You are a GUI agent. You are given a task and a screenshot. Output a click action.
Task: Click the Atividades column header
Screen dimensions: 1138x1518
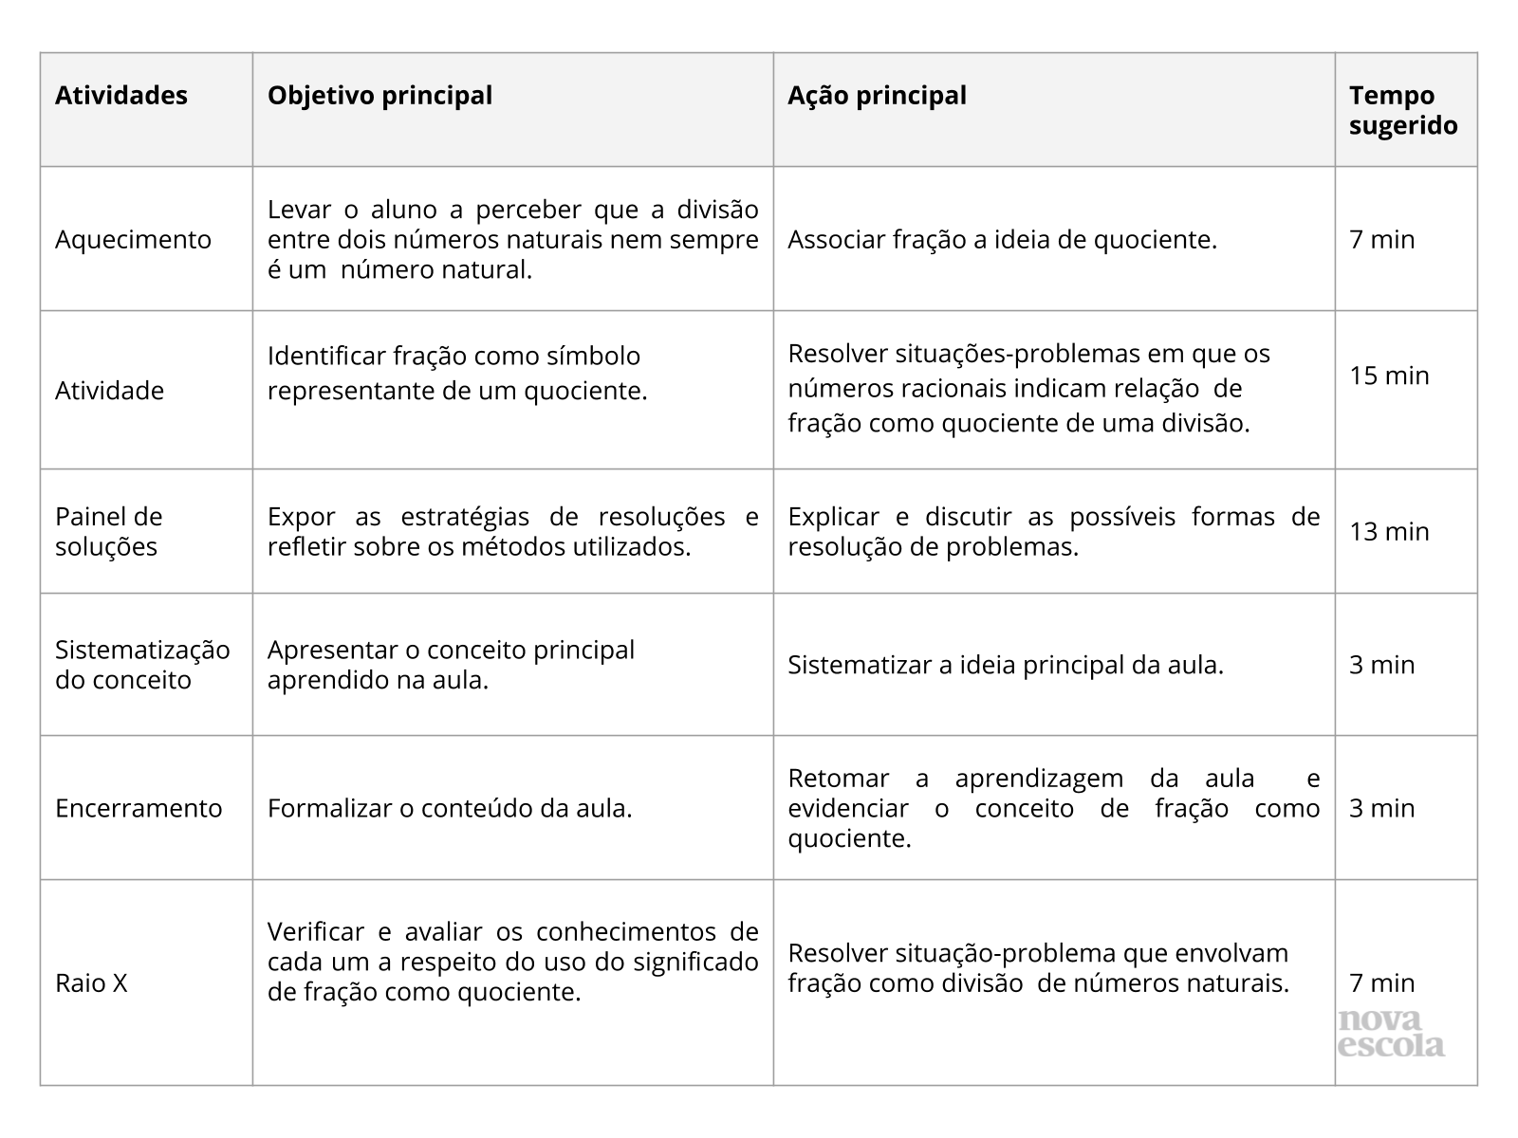tap(121, 96)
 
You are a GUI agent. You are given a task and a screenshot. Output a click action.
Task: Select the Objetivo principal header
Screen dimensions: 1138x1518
tap(379, 96)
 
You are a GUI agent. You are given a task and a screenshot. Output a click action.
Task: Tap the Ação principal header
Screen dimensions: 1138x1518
tap(877, 96)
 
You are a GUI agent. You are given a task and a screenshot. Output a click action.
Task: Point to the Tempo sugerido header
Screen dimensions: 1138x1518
tap(1403, 110)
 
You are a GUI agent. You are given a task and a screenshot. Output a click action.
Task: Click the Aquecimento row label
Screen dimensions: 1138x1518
tap(133, 239)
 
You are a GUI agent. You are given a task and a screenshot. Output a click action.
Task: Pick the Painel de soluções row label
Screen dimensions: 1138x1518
tap(108, 531)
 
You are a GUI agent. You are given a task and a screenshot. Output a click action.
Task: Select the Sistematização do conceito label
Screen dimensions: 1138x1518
tap(142, 665)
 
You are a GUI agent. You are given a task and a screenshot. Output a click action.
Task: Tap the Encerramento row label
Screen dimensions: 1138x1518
tap(139, 808)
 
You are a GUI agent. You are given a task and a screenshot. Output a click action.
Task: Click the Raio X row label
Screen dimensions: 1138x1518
tap(91, 983)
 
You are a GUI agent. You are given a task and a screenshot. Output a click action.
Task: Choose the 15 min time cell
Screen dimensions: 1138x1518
tap(1389, 376)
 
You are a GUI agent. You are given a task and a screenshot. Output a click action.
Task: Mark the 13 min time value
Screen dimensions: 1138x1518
tap(1389, 531)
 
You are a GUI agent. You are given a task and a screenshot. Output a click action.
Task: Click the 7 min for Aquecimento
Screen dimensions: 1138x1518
tap(1381, 239)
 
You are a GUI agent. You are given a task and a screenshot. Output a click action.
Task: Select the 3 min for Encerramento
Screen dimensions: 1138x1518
tap(1381, 808)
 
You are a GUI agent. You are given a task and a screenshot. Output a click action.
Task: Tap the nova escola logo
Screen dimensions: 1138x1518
tap(1391, 1034)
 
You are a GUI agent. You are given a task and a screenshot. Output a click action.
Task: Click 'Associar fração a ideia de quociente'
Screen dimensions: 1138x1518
tap(1002, 239)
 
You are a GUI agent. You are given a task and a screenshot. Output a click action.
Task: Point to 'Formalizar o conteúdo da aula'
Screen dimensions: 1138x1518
tap(450, 808)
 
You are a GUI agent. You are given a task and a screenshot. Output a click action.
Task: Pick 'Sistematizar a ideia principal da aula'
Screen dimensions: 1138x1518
tap(1006, 665)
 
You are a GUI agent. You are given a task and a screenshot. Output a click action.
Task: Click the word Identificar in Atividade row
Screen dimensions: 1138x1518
tap(326, 356)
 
